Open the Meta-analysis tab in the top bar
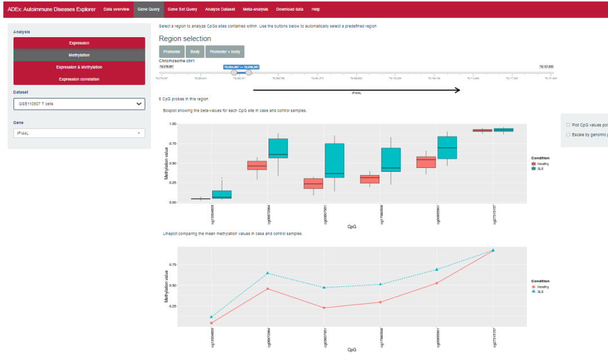point(256,10)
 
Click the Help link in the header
point(316,10)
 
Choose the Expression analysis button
point(79,43)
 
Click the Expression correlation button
point(79,79)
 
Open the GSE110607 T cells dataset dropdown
point(79,104)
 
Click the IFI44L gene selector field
point(79,133)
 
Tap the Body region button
point(195,52)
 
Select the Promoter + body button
point(225,52)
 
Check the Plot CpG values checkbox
point(567,125)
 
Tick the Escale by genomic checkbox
point(567,135)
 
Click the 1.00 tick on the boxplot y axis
point(173,124)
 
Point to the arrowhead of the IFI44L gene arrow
point(458,90)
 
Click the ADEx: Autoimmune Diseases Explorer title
point(51,10)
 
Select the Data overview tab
point(116,10)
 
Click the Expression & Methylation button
point(79,67)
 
